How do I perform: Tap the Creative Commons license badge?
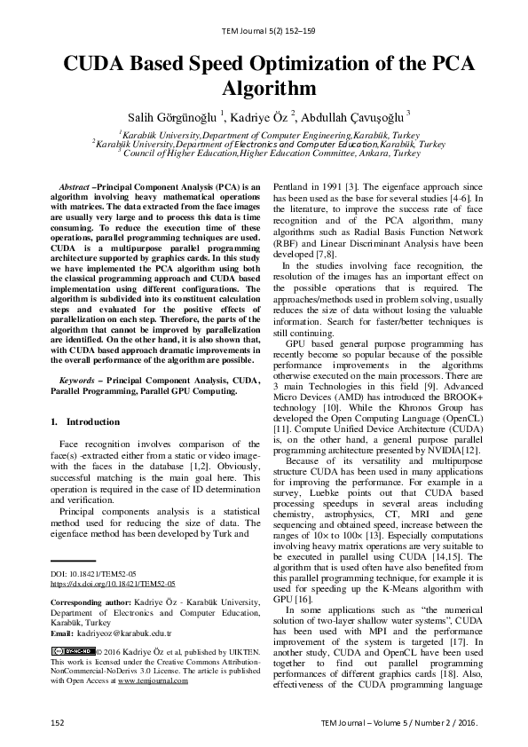coord(72,652)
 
